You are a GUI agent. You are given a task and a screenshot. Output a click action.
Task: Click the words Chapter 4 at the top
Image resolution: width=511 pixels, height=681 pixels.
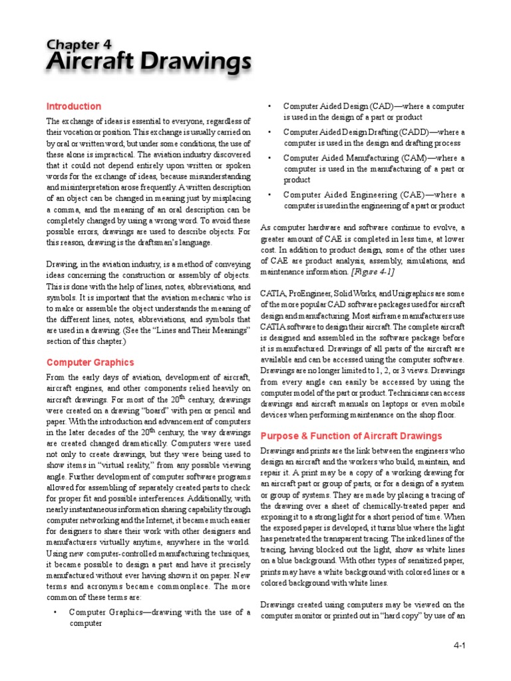(x=79, y=45)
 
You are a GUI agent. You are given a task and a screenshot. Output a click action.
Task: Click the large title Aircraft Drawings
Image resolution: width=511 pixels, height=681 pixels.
(x=148, y=63)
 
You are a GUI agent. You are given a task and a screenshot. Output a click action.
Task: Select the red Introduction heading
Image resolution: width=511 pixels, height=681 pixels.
(x=73, y=106)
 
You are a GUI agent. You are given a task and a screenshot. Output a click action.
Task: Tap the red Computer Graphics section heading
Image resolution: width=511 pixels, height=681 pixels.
(x=90, y=362)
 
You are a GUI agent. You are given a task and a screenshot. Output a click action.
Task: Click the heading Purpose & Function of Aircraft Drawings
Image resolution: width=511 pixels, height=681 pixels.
(x=351, y=436)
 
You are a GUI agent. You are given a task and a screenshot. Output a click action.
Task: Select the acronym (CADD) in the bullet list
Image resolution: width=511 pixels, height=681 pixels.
(x=413, y=132)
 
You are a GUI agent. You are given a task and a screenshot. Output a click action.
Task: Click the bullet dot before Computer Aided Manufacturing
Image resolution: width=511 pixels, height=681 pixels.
(x=269, y=158)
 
